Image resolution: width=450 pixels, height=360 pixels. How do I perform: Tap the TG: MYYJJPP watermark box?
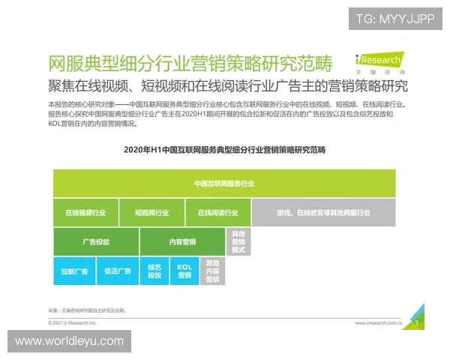coord(395,18)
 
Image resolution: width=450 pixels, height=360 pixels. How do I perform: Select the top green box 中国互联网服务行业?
coord(224,183)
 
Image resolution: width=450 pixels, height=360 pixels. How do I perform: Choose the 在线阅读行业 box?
coord(217,213)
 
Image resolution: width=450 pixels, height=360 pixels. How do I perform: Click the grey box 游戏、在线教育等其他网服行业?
coord(323,213)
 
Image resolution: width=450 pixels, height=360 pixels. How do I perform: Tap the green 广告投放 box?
coord(96,241)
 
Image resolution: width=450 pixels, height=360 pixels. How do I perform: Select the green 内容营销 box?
coord(182,241)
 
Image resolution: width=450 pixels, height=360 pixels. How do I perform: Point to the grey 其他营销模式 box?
coord(238,241)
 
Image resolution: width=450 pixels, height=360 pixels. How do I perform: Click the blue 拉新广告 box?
coord(74,271)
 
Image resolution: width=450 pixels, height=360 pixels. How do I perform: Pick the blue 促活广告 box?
coord(118,271)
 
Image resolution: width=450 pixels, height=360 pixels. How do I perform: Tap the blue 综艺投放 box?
coord(154,271)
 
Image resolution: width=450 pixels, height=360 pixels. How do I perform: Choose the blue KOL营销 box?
coord(184,271)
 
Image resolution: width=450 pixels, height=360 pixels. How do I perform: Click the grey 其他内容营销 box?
coord(212,271)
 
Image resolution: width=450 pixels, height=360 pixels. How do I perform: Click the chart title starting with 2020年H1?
coord(224,150)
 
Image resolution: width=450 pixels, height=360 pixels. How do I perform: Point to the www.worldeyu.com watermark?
coord(69,341)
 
